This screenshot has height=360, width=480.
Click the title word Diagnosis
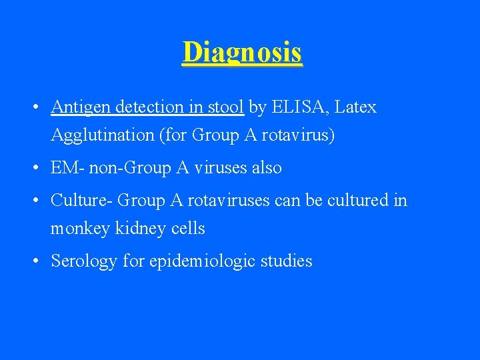[242, 52]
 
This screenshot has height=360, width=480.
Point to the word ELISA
[297, 107]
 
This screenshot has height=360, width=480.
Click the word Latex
[356, 107]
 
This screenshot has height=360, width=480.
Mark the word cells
[187, 229]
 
